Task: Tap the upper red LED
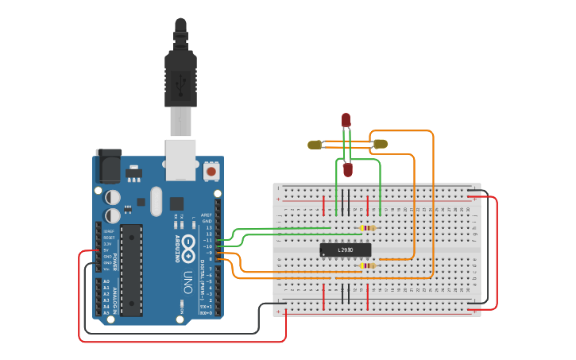tap(346, 120)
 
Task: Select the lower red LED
tap(347, 169)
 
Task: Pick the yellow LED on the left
tap(315, 145)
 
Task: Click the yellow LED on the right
tap(381, 144)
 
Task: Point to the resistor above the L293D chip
tap(368, 228)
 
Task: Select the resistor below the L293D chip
tap(365, 265)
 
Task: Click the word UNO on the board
tap(187, 282)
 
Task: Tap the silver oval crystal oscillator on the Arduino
tap(155, 201)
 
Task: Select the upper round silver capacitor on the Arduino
tap(113, 195)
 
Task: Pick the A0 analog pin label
tap(106, 281)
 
